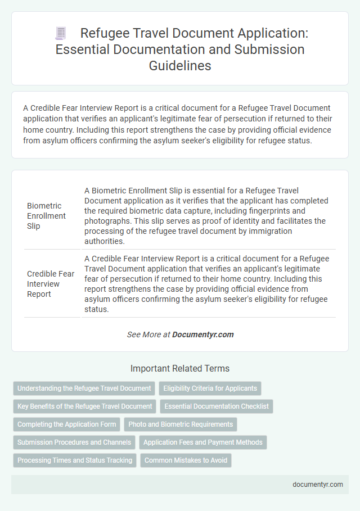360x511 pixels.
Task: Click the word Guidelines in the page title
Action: [180, 65]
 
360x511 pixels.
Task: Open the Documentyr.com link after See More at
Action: [202, 334]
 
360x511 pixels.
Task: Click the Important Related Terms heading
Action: [180, 369]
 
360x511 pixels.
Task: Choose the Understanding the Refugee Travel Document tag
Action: [84, 388]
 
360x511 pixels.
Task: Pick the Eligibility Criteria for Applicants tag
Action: [210, 388]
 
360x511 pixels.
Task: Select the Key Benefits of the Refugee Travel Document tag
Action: [85, 406]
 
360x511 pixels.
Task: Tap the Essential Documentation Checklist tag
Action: [217, 406]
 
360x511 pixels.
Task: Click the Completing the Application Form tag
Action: [66, 424]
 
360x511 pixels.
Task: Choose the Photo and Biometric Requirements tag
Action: [181, 424]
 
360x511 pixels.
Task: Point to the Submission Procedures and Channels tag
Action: [74, 442]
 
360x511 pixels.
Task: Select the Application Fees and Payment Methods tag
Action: [203, 442]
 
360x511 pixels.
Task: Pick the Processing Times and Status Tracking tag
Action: [75, 460]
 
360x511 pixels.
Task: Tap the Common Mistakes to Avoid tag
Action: [186, 460]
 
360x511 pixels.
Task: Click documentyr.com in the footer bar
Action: [318, 484]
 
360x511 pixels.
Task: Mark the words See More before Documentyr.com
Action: [142, 334]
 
